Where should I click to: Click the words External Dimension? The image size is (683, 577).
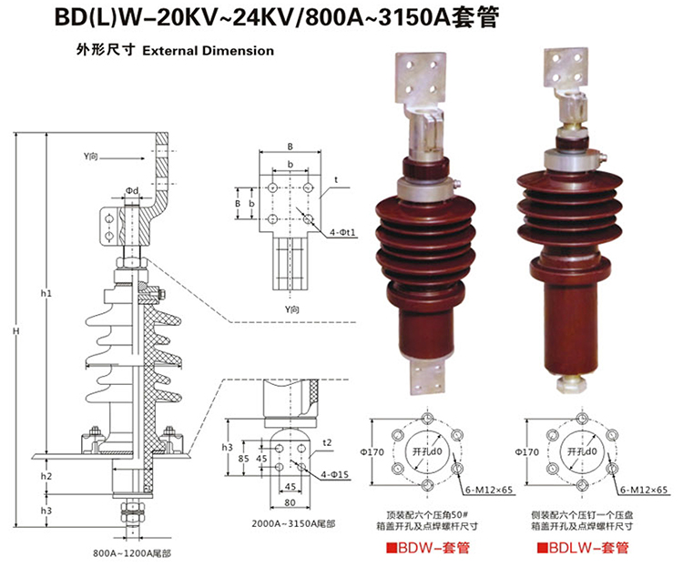tap(208, 51)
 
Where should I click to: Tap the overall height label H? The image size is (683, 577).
tap(15, 332)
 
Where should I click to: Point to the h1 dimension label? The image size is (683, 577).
tap(46, 293)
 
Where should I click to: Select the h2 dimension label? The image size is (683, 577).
tap(46, 476)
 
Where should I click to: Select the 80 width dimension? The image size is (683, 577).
tap(290, 501)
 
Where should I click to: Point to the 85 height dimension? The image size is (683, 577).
tap(243, 458)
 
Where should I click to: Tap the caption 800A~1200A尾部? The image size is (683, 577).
tap(132, 553)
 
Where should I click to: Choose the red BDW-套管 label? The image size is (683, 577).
tap(423, 547)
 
